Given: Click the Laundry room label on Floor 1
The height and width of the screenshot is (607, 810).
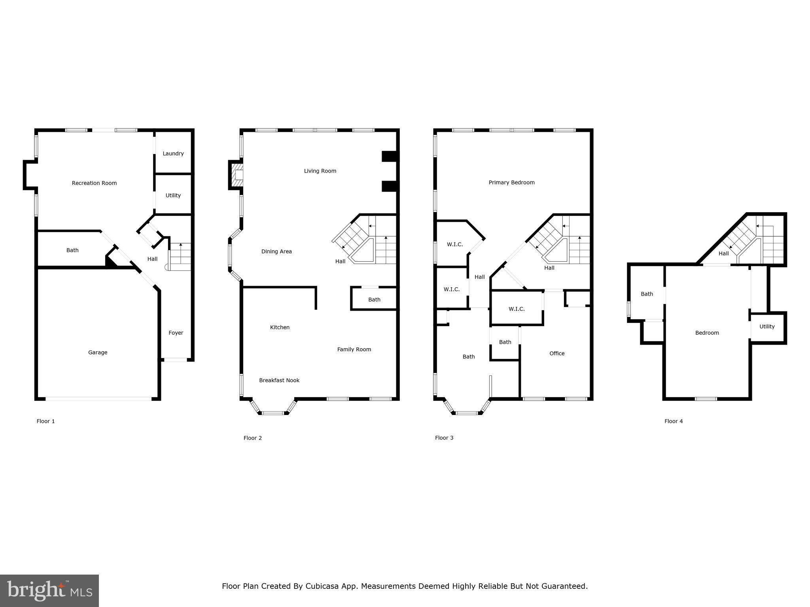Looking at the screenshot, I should click(x=173, y=153).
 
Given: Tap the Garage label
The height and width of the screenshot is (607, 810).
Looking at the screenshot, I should click(x=98, y=353).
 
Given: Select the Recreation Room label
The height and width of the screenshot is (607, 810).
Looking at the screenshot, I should click(x=94, y=183).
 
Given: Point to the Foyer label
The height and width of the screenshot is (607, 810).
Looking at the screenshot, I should click(x=176, y=333).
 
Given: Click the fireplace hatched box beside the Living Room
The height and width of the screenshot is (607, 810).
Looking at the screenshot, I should click(x=237, y=175).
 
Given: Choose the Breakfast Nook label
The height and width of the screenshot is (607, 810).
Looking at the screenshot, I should click(x=279, y=380).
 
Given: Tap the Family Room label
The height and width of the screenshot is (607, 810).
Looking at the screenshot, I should click(x=354, y=349).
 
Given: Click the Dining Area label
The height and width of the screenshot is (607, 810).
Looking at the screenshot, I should click(x=276, y=251).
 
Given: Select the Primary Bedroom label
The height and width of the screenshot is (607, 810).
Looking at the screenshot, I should click(x=511, y=183).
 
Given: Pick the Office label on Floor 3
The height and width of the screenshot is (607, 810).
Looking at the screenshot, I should click(x=556, y=353).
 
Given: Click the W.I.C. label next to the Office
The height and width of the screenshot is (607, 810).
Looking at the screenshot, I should click(x=517, y=309).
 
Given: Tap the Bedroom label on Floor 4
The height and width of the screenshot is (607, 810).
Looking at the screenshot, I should click(x=707, y=333).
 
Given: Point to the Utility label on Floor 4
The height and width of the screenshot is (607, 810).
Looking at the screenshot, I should click(x=766, y=326).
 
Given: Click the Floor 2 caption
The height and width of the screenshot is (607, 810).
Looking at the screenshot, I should click(x=252, y=438).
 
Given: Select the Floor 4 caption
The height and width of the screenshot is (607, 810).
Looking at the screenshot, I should click(x=673, y=421).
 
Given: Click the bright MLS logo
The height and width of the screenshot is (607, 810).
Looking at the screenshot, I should click(x=49, y=591).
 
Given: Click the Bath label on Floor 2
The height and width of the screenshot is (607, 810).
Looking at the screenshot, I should click(x=374, y=300).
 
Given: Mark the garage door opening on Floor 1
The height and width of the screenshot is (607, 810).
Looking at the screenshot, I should click(x=98, y=399).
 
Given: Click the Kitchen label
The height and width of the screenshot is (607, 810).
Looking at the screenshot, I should click(x=280, y=327).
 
